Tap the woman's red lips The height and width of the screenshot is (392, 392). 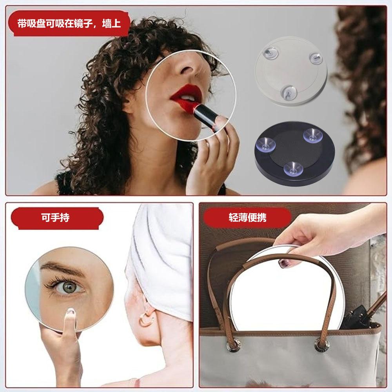point(186,94)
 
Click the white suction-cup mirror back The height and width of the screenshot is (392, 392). point(291,71)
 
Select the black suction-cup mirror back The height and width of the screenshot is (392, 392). point(294,154)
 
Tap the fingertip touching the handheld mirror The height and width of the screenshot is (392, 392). point(71,312)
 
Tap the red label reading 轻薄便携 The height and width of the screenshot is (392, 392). point(247,217)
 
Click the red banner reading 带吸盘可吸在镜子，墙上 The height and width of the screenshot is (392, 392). point(69,24)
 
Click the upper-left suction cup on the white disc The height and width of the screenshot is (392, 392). point(270,53)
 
